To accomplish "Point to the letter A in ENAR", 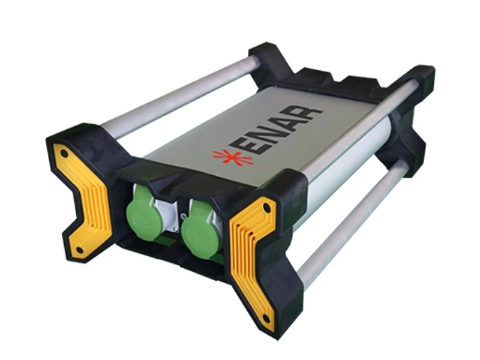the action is click(x=294, y=121).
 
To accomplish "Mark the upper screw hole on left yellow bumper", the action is click(x=64, y=153).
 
